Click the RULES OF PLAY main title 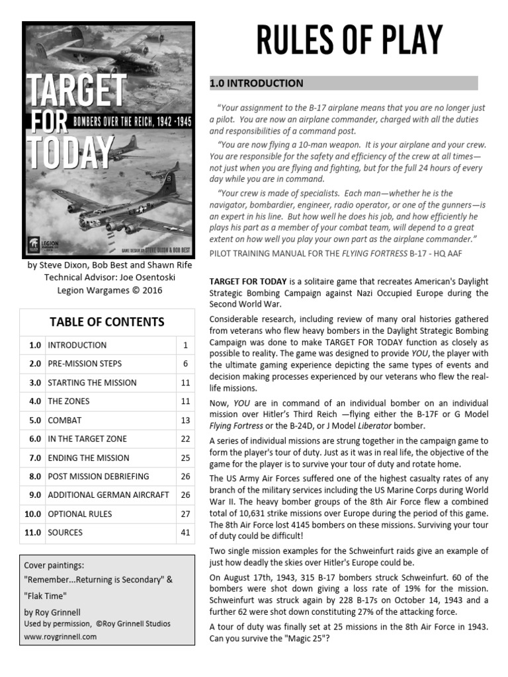coord(349,40)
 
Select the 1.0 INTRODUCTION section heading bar coord(343,83)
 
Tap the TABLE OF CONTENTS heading coord(107,322)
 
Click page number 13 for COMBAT coord(185,420)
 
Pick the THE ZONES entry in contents coord(69,401)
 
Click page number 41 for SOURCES coord(185,532)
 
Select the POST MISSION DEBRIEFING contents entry coord(99,476)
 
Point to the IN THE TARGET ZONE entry coord(87,438)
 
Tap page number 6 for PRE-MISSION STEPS coord(185,364)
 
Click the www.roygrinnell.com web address coord(60,637)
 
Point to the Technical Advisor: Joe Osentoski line coord(108,278)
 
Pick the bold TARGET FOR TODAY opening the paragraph coord(251,281)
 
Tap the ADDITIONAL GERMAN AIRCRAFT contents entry coord(108,495)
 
